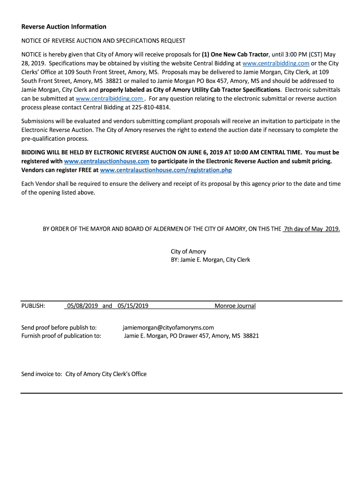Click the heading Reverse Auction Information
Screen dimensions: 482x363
(x=64, y=27)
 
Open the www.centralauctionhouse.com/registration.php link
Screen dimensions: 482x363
(x=166, y=170)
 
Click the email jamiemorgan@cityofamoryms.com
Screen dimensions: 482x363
(x=168, y=328)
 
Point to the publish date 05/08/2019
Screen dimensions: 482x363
(x=82, y=306)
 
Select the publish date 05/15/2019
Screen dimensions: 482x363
(x=133, y=306)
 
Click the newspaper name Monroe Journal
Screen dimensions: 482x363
(x=235, y=306)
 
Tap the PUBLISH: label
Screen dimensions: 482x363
(x=33, y=306)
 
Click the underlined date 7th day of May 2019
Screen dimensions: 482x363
(x=311, y=229)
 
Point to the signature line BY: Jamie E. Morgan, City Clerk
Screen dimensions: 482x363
(x=210, y=260)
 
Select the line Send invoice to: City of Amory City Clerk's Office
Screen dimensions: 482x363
(x=84, y=374)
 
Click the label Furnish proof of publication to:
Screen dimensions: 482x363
(x=61, y=336)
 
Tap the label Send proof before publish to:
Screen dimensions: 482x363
(x=59, y=328)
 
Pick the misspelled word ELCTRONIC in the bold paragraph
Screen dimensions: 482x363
(x=112, y=153)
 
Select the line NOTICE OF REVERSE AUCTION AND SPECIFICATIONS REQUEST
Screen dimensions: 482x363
(x=103, y=41)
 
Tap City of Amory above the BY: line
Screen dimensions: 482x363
(x=188, y=251)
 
